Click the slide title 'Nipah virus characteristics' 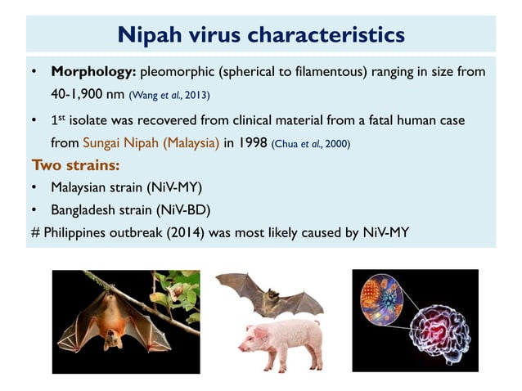(x=261, y=34)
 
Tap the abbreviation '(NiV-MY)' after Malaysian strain (x=176, y=187)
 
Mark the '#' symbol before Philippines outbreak (x=35, y=233)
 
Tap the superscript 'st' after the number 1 (x=61, y=116)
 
